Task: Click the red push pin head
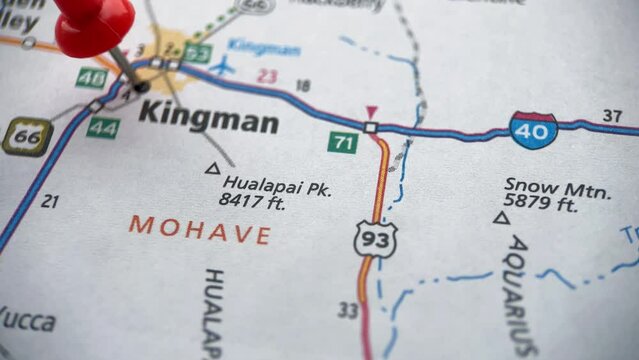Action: (93, 25)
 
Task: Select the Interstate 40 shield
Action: (533, 130)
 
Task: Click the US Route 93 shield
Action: (375, 239)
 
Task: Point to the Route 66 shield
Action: (26, 136)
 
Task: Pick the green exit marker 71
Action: (343, 142)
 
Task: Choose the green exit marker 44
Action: (102, 128)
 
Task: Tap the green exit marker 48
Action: (91, 77)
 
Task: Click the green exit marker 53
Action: (198, 53)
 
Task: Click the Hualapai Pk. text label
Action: (277, 184)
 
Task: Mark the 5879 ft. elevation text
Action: (541, 205)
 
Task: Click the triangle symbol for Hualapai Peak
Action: (211, 169)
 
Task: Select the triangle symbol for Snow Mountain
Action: (500, 217)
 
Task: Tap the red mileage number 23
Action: (266, 75)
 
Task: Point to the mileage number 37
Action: (613, 114)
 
